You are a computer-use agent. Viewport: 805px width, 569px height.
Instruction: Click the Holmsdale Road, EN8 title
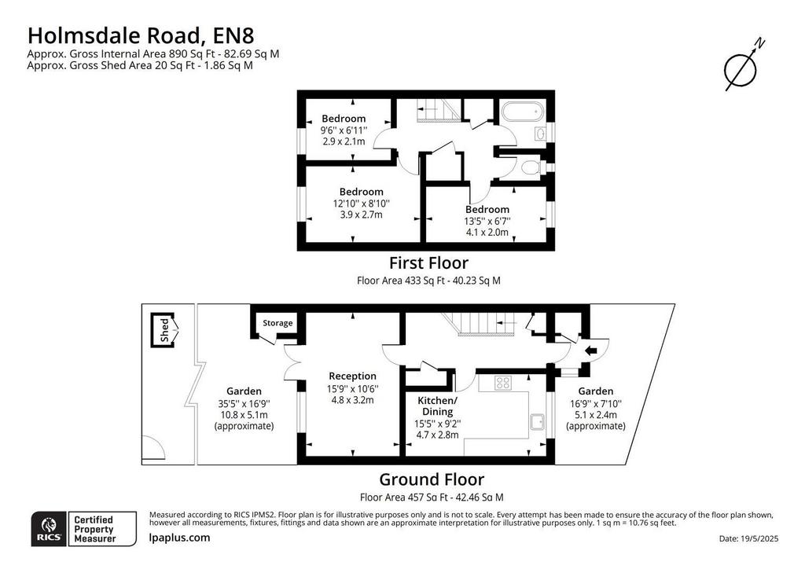[x=141, y=36]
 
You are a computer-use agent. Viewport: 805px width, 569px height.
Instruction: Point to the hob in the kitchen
[x=502, y=382]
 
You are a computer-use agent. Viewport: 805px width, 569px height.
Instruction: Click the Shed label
[x=164, y=330]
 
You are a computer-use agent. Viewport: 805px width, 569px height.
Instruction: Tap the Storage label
[x=278, y=323]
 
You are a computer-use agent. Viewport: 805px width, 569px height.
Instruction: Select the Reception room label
[x=353, y=376]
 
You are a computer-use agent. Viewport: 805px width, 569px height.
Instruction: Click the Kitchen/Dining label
[x=437, y=406]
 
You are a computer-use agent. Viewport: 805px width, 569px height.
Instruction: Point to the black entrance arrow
[x=590, y=351]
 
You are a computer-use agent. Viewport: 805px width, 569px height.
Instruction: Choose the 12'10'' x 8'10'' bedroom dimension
[x=362, y=204]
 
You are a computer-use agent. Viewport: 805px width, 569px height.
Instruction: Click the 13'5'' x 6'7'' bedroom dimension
[x=487, y=221]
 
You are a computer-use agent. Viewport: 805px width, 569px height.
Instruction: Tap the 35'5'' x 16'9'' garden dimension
[x=244, y=404]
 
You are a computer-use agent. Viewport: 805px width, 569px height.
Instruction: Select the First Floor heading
[x=428, y=262]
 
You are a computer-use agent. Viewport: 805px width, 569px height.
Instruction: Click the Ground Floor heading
[x=432, y=479]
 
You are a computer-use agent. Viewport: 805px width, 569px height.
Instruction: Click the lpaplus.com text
[x=179, y=538]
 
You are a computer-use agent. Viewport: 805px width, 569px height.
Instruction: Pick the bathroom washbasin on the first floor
[x=540, y=134]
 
